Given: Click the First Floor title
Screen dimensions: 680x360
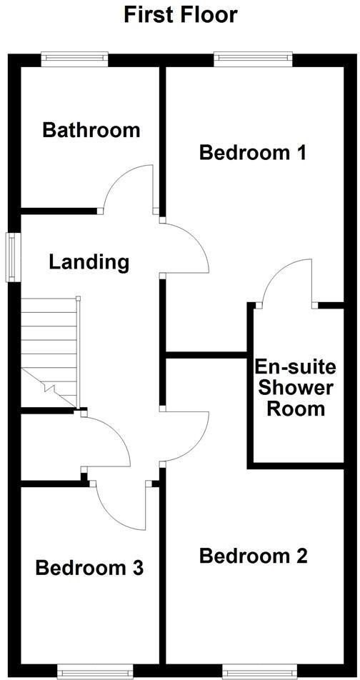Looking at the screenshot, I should [x=180, y=14].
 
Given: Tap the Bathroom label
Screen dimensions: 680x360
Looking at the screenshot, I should [x=91, y=130].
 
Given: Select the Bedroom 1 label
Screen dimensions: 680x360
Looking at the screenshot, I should [x=253, y=152].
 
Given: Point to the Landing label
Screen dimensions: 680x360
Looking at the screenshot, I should [x=89, y=262].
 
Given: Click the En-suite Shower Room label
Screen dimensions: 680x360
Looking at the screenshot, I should [x=295, y=389].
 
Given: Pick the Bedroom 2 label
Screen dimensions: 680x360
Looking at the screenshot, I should [x=254, y=556].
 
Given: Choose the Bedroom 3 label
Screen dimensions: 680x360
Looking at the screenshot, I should [x=90, y=569].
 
